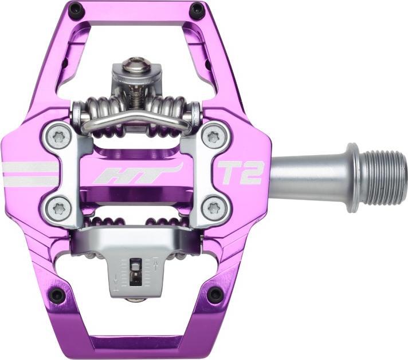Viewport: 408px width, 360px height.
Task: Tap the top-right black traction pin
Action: [197, 9]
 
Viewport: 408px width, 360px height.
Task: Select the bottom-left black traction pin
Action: [57, 295]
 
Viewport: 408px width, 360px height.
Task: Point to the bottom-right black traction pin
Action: [215, 295]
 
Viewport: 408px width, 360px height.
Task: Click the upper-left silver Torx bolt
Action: [57, 136]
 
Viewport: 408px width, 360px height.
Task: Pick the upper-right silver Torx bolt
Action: [215, 136]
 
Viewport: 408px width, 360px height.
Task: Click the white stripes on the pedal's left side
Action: [29, 174]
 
